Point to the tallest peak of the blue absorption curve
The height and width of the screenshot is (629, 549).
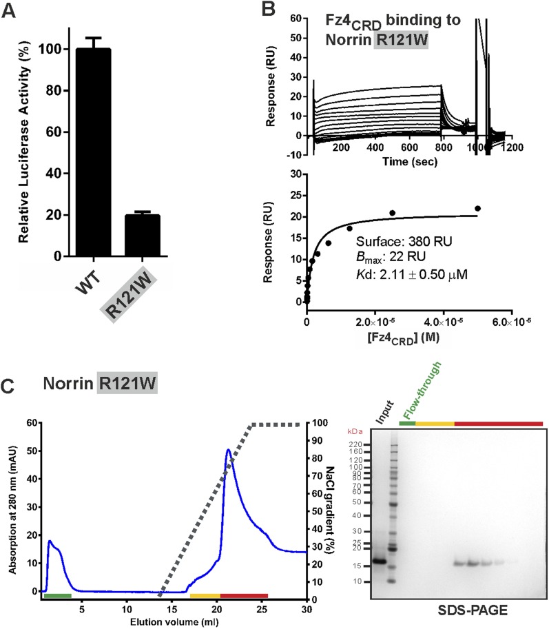tap(227, 451)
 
